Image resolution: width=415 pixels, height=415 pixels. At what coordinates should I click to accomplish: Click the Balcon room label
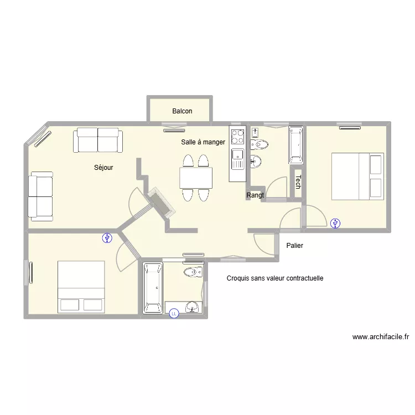tap(182, 111)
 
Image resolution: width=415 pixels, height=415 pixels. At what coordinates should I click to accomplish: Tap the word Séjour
tap(103, 168)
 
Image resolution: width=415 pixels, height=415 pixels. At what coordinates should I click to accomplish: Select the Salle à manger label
tap(203, 142)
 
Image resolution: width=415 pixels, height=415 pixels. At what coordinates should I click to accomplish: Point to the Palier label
tap(294, 246)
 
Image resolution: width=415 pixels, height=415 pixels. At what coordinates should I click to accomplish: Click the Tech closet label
tap(298, 182)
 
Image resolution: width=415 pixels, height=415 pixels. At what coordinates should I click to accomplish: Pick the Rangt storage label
tap(255, 195)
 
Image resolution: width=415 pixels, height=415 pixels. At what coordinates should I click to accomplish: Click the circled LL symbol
tap(174, 314)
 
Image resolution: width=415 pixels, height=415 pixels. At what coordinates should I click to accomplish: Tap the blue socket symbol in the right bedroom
tap(335, 224)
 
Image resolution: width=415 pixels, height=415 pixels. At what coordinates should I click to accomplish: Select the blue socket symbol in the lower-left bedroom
tap(107, 238)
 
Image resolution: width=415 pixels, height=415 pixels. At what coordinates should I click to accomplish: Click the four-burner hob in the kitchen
tap(238, 137)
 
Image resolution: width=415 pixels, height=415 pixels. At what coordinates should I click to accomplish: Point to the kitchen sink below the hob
tap(238, 159)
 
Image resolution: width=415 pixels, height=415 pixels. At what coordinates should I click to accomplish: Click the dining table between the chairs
tap(196, 178)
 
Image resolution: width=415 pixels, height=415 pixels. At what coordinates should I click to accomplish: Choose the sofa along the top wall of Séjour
tap(98, 140)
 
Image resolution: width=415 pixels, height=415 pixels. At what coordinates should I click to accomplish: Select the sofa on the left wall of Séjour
tap(40, 196)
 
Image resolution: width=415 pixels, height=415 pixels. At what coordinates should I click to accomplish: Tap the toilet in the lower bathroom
tap(194, 272)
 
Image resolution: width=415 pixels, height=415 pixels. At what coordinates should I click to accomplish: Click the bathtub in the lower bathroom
tap(153, 288)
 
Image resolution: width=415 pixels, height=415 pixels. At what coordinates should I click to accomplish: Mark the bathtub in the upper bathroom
tap(296, 145)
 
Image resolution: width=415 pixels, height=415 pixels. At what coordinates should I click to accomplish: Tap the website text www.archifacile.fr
tap(381, 337)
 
